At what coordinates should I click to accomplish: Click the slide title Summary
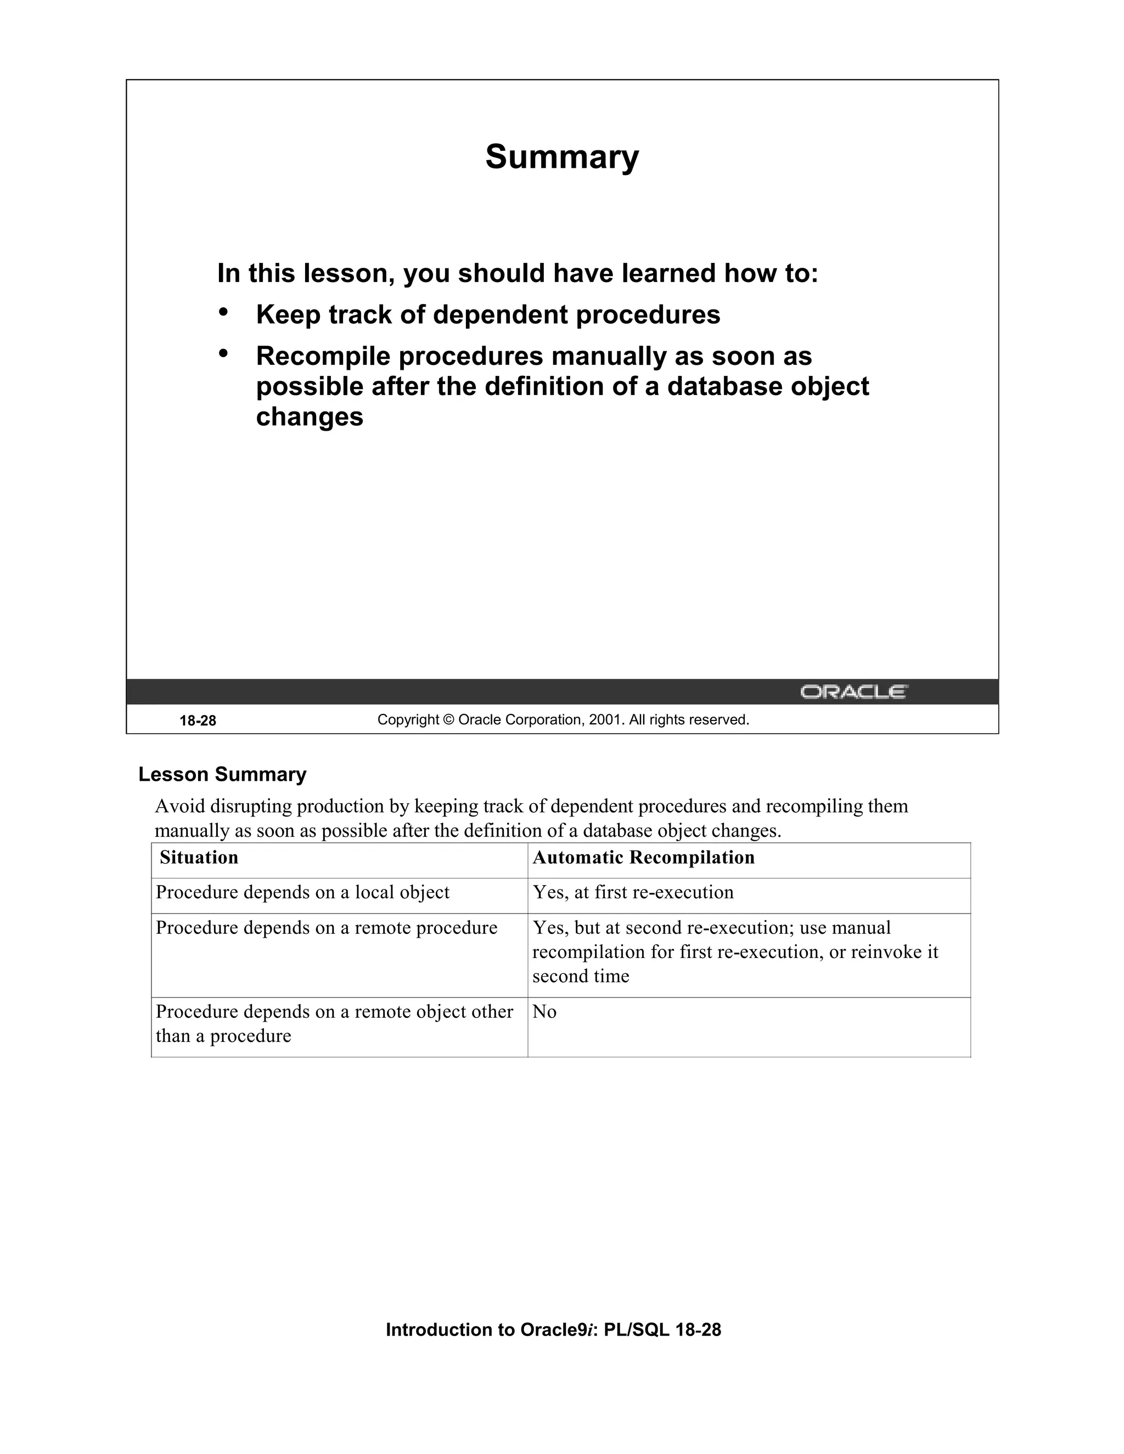coord(561,157)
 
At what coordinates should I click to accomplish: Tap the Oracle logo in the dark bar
coord(853,692)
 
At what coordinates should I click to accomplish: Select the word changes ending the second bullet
coord(310,418)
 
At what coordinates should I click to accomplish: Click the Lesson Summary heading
coord(222,774)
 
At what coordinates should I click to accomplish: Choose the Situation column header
coord(199,858)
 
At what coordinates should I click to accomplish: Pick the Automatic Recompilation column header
coord(643,858)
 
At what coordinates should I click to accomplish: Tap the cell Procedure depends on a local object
coord(302,893)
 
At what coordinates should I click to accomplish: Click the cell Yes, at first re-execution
coord(633,893)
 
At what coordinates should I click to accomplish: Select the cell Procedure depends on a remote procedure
coord(327,928)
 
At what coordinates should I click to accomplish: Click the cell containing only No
coord(544,1012)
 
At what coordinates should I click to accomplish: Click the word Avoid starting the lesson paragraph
coord(180,806)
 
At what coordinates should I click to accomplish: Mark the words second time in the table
coord(581,977)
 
